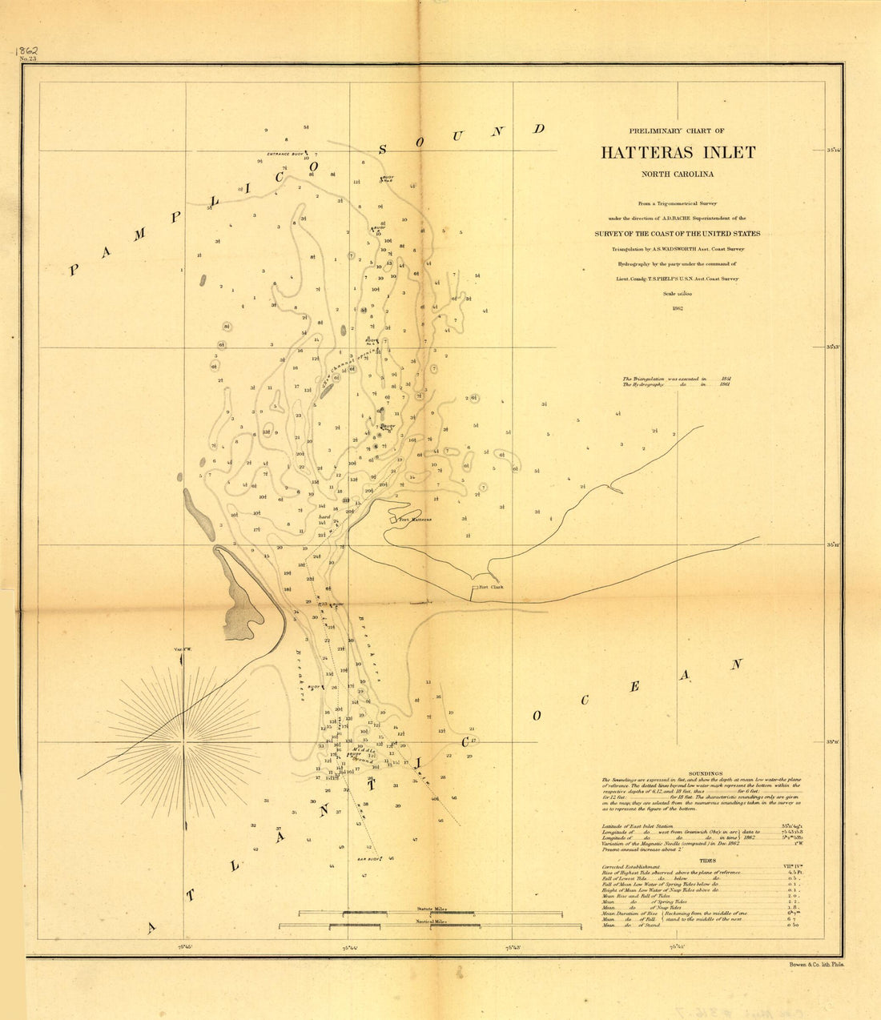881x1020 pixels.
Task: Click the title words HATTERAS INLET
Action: click(678, 152)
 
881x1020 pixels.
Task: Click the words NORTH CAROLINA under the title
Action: click(678, 174)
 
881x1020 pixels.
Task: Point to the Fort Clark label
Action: click(489, 586)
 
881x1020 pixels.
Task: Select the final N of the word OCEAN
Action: click(736, 665)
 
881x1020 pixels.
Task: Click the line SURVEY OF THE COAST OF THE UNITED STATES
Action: click(678, 234)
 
